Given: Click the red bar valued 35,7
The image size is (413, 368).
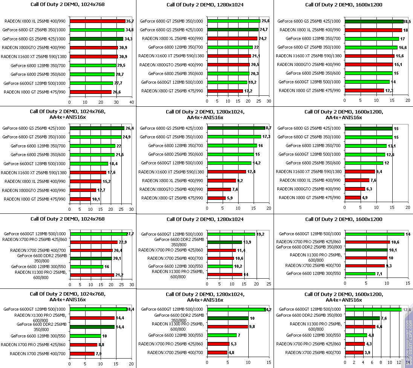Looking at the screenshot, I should click(x=97, y=21).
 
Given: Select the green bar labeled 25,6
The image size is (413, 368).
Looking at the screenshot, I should click(x=234, y=21).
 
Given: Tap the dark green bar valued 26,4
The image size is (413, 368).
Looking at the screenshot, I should click(x=97, y=128).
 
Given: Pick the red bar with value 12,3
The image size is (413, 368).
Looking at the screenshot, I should click(x=364, y=90).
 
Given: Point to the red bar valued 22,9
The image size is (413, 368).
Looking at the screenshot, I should click(x=94, y=242).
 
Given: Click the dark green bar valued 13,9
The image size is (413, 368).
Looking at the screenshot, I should click(x=225, y=242).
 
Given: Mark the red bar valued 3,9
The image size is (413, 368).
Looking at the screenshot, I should click(x=354, y=353).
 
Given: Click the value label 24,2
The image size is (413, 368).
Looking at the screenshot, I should click(x=262, y=38).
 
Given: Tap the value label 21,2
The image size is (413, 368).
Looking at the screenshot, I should click(x=119, y=275).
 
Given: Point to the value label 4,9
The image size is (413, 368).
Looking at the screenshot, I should click(x=365, y=198).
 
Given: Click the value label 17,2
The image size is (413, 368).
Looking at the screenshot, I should click(x=248, y=91).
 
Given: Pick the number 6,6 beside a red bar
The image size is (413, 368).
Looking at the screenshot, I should click(x=379, y=327).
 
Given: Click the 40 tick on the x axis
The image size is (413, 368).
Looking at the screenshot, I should click(x=132, y=102).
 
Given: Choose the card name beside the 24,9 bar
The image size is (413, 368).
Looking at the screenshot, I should click(x=34, y=137).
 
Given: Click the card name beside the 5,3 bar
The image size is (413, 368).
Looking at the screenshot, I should click(x=170, y=344).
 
